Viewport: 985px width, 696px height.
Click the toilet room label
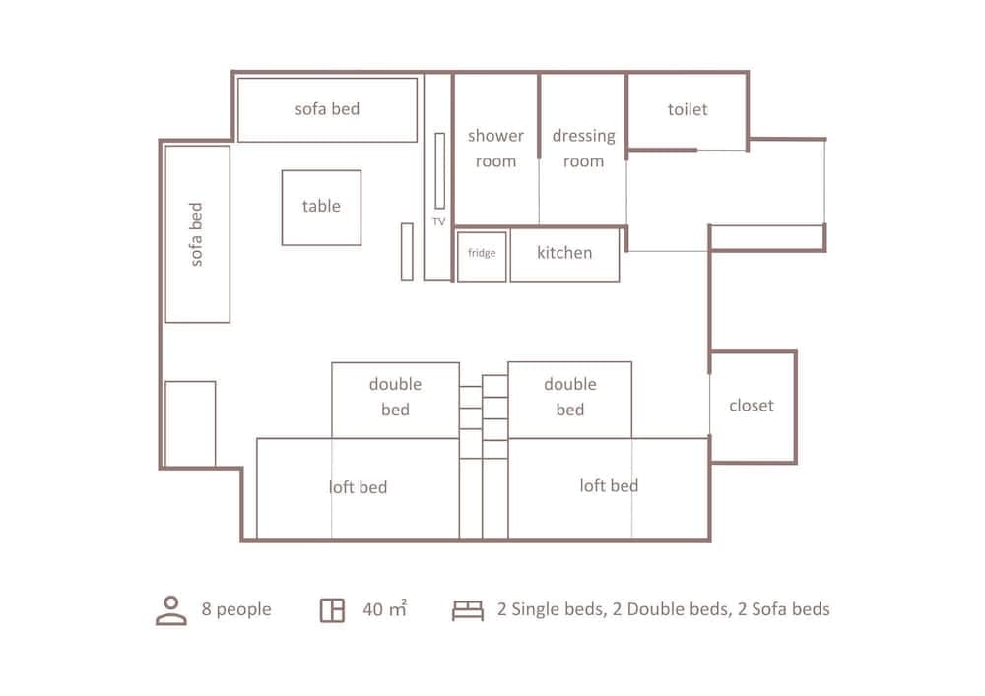pyautogui.click(x=688, y=110)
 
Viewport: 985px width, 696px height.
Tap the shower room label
pyautogui.click(x=495, y=149)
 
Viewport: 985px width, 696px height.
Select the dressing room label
pyautogui.click(x=583, y=149)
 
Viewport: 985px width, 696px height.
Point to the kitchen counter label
pyautogui.click(x=564, y=253)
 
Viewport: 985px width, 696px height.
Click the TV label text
pyautogui.click(x=438, y=222)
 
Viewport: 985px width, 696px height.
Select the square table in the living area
pyautogui.click(x=321, y=207)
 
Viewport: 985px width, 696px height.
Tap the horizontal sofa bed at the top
pyautogui.click(x=327, y=109)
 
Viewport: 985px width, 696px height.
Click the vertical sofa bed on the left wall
pyautogui.click(x=197, y=234)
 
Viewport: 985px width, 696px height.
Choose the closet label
pyautogui.click(x=752, y=406)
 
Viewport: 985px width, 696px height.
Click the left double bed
pyautogui.click(x=395, y=398)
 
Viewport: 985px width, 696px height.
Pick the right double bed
pyautogui.click(x=569, y=398)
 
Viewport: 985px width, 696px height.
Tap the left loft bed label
pyautogui.click(x=358, y=487)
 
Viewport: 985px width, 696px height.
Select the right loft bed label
pyautogui.click(x=609, y=485)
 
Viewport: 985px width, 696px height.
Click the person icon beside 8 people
pyautogui.click(x=171, y=610)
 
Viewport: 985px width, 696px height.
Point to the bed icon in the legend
pyautogui.click(x=468, y=610)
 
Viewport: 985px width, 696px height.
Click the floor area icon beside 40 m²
pyautogui.click(x=332, y=610)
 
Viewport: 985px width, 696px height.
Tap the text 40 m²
pyautogui.click(x=384, y=609)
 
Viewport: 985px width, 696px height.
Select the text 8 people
pyautogui.click(x=236, y=609)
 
